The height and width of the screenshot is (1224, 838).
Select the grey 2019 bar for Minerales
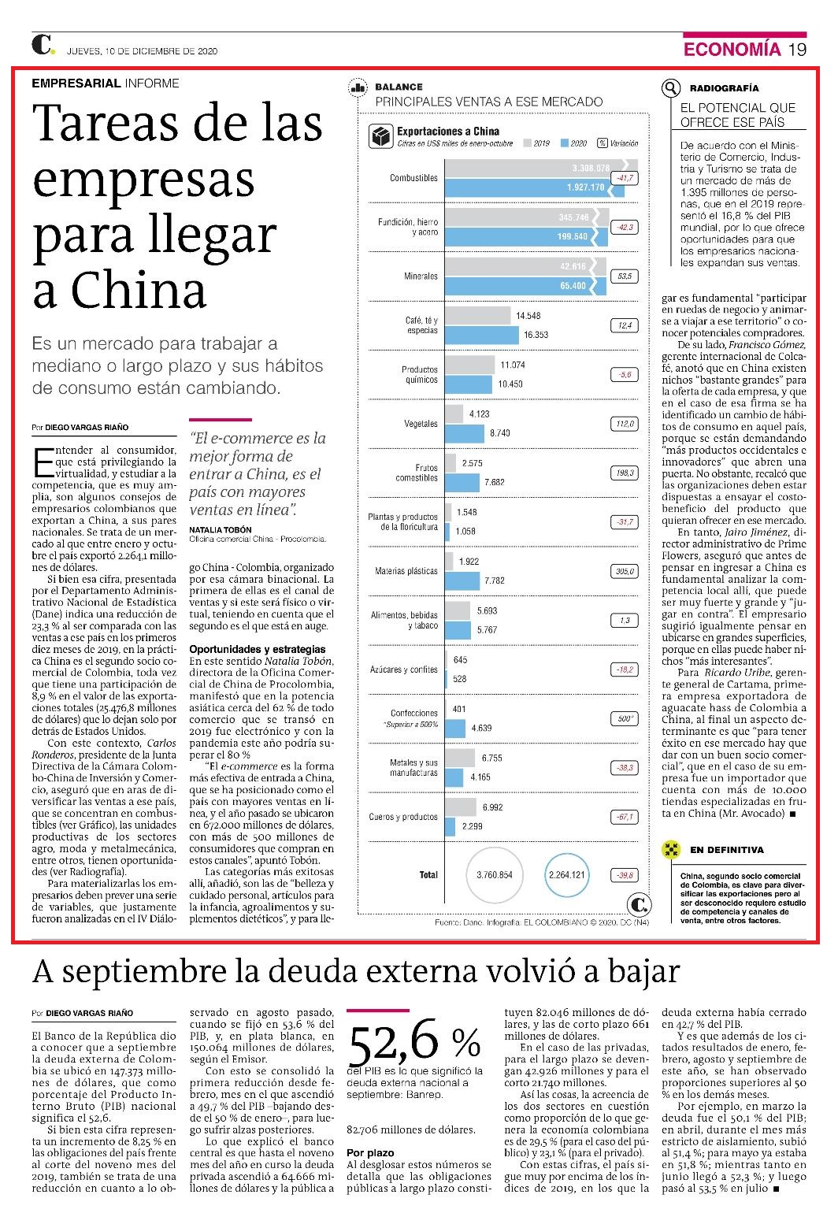[x=525, y=267]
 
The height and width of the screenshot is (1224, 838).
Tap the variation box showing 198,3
[x=625, y=473]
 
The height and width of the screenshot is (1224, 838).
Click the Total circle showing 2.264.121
[x=566, y=875]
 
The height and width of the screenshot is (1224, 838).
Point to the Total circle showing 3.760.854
[x=495, y=875]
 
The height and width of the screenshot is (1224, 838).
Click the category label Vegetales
[x=421, y=424]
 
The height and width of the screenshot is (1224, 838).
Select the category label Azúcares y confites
[x=404, y=669]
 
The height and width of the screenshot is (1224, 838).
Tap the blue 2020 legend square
[x=565, y=143]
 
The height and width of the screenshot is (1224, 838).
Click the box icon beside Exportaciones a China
[x=380, y=136]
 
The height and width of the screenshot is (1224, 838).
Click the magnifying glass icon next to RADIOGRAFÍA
[x=670, y=87]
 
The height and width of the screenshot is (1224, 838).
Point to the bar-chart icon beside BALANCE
[x=358, y=87]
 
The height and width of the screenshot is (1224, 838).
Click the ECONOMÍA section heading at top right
[x=732, y=49]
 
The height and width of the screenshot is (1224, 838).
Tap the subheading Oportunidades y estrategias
[x=258, y=649]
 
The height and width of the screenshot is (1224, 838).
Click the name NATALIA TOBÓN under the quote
[x=221, y=529]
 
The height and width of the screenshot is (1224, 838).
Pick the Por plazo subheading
[x=370, y=1153]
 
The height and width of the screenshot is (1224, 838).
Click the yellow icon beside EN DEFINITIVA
[x=670, y=849]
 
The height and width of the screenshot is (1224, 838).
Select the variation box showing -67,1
[x=625, y=817]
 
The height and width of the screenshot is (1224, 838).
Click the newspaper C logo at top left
[x=43, y=45]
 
